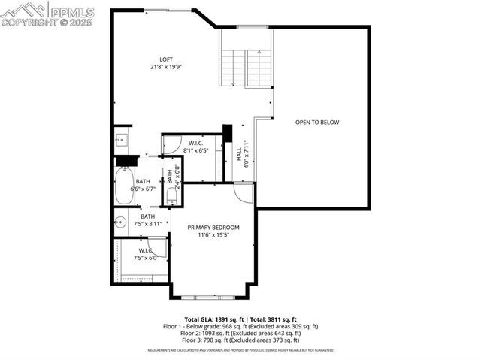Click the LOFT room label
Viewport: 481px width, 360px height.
click(166, 59)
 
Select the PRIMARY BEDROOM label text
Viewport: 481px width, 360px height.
click(213, 227)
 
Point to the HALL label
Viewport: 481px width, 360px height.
click(239, 155)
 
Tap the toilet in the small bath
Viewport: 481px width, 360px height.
click(171, 197)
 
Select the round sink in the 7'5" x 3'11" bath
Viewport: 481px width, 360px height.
click(120, 222)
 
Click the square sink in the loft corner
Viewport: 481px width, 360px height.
click(120, 140)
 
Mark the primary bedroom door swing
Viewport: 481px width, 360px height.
click(244, 193)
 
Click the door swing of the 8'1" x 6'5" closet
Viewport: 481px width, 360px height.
click(171, 144)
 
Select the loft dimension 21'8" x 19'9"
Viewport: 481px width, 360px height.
click(166, 68)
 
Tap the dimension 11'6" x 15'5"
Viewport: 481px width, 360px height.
click(213, 235)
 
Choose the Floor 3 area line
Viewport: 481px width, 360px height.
click(241, 340)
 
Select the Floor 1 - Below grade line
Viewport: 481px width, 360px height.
click(241, 326)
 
